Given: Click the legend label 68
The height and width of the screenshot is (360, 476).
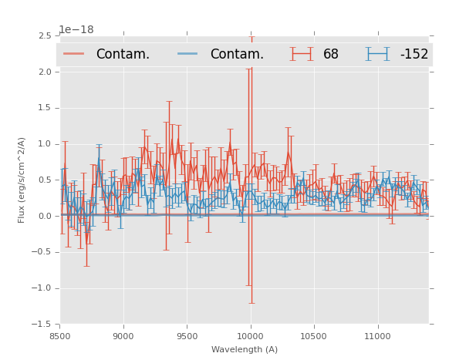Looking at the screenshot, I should click(331, 54).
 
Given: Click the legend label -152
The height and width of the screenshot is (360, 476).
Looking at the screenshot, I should click(414, 54).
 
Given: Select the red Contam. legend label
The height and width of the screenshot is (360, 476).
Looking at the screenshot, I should click(123, 54).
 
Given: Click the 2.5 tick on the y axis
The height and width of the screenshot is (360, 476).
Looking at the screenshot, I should click(45, 36).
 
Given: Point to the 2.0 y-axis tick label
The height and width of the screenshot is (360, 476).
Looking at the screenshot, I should click(45, 72).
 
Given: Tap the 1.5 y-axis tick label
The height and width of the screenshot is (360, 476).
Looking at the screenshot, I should click(45, 108).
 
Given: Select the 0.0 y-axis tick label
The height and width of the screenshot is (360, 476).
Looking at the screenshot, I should click(45, 217).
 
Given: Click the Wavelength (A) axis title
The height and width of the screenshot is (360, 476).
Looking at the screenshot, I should click(245, 349).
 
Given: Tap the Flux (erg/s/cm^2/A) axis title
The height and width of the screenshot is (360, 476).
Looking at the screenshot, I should click(22, 180).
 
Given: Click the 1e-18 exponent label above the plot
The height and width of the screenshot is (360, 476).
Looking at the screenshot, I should click(76, 30).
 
